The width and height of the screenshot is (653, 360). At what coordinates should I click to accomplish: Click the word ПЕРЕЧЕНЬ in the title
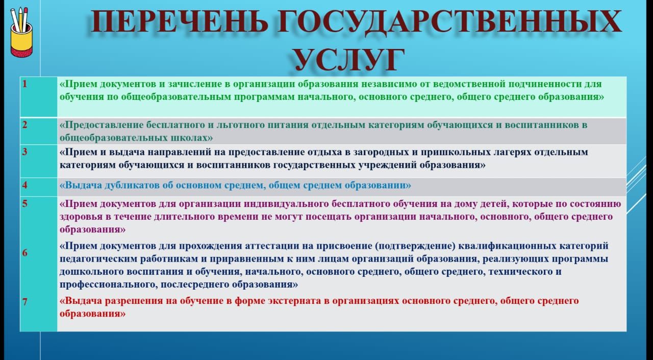pos(179,21)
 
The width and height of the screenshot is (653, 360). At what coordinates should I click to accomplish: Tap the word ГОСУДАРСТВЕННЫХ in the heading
pos(449,21)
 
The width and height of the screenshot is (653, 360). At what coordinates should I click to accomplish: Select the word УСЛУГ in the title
pos(348,60)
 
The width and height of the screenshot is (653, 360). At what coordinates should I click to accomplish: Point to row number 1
pos(25,84)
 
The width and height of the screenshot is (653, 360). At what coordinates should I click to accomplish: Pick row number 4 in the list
pos(25,185)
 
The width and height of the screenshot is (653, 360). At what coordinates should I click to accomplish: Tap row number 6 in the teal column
pos(25,252)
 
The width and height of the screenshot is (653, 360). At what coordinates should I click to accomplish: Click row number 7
pos(25,301)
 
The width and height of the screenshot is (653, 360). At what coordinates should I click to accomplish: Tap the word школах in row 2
pos(193,138)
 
